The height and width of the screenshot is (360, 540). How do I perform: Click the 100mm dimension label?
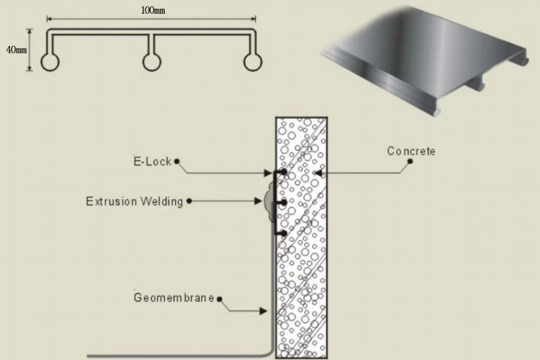tap(153, 10)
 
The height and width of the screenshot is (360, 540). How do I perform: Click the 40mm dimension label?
tap(16, 50)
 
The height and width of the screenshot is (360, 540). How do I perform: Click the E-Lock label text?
tap(152, 161)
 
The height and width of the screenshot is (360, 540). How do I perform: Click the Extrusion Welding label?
tap(134, 201)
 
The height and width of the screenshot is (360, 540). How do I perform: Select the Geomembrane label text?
tap(174, 297)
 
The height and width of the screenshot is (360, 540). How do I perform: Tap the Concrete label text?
tap(411, 151)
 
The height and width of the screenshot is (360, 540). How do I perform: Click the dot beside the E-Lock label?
tap(177, 161)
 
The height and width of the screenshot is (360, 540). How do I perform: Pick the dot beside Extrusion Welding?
tap(189, 201)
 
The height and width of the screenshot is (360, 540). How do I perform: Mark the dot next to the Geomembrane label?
tap(219, 299)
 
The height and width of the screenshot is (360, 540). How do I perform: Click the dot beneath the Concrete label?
tap(410, 161)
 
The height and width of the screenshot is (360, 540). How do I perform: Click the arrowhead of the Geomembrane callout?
tap(263, 311)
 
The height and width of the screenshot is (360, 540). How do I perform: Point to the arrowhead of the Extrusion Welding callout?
tap(258, 201)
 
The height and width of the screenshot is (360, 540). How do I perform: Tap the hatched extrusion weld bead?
tap(269, 202)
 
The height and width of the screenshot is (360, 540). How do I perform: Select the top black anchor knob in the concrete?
tap(283, 171)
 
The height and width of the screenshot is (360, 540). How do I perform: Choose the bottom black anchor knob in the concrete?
tap(283, 234)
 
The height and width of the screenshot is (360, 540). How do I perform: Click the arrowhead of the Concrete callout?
tap(318, 173)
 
